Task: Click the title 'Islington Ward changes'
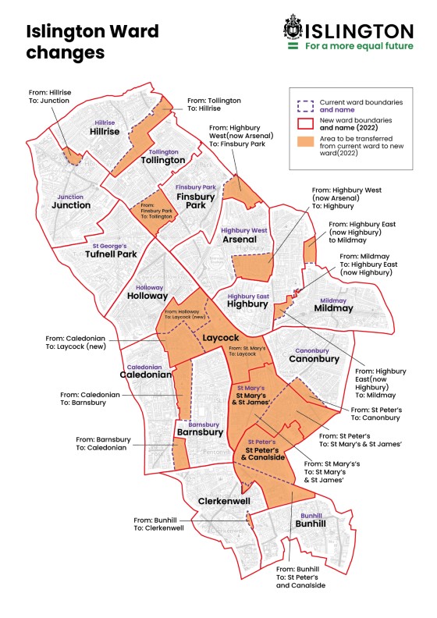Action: coord(92,42)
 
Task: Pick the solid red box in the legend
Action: coord(305,123)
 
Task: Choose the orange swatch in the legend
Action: coord(305,144)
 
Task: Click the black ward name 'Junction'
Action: coord(71,205)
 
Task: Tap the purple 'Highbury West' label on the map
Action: coord(244,230)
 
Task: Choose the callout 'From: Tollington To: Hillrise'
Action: coord(214,105)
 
